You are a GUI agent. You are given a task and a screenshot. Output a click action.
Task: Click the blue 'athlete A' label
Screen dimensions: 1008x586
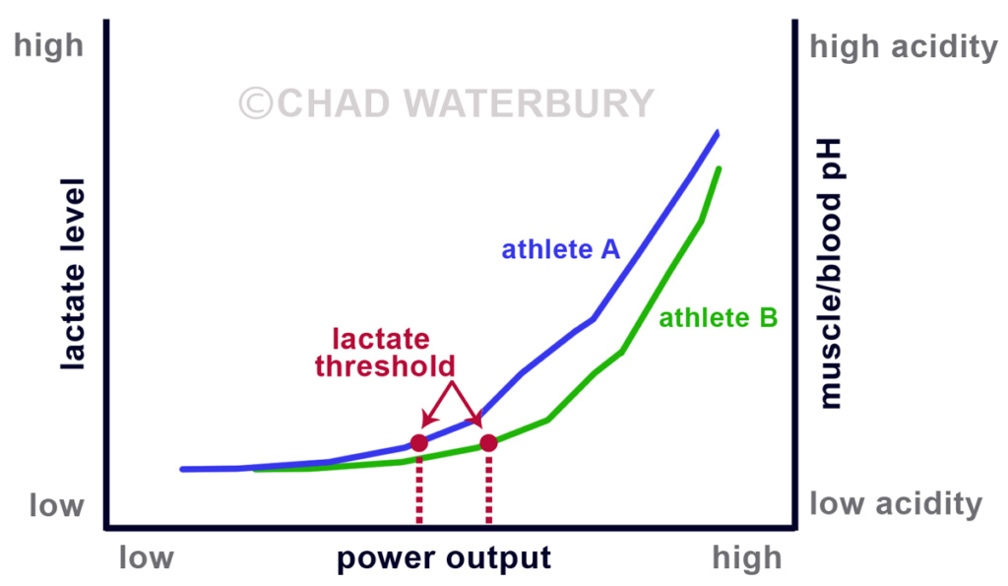click(x=560, y=249)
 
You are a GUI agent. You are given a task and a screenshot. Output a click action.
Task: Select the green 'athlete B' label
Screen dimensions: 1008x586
click(x=718, y=318)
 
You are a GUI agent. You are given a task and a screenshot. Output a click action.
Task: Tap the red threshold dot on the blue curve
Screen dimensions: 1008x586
click(x=419, y=443)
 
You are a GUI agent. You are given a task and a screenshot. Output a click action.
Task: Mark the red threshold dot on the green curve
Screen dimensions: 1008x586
click(x=488, y=443)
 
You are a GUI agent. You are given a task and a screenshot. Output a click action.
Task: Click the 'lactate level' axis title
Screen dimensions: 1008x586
click(x=73, y=275)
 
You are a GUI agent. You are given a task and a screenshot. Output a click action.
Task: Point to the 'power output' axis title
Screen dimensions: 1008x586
click(x=444, y=557)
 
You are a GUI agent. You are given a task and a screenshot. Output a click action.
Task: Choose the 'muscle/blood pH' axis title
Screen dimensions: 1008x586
click(x=829, y=274)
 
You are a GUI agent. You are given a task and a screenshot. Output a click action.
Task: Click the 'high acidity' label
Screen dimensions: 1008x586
click(x=904, y=47)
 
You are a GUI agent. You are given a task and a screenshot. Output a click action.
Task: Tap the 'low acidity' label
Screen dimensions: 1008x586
click(x=896, y=503)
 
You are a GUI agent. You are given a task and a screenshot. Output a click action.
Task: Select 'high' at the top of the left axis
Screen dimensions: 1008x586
click(x=49, y=46)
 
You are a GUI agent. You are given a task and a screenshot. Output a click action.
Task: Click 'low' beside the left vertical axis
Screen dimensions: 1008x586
click(x=56, y=505)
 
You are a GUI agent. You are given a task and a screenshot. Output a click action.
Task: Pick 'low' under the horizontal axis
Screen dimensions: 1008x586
click(x=146, y=557)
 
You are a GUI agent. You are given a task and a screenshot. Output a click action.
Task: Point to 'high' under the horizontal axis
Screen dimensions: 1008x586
click(x=747, y=557)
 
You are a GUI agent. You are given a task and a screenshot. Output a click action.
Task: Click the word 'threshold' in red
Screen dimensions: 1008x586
click(x=385, y=366)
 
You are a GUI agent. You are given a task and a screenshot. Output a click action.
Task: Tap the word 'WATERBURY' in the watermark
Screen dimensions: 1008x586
click(x=528, y=103)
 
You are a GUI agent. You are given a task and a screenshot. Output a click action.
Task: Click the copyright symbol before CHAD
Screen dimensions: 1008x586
click(x=256, y=103)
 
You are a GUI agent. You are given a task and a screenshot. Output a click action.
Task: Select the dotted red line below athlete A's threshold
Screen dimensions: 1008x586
click(x=419, y=489)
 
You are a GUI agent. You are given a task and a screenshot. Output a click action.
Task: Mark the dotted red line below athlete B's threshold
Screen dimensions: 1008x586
click(x=488, y=489)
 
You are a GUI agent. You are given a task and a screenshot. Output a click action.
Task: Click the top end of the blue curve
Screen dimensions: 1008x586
click(x=718, y=133)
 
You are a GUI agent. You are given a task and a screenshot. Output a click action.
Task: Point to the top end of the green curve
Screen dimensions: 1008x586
click(x=719, y=169)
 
